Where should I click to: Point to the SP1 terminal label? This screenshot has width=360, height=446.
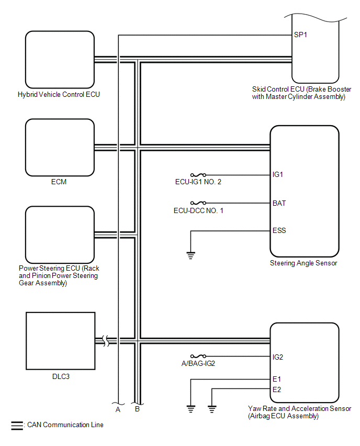[x=300, y=35]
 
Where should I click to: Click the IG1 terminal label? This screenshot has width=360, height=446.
[x=278, y=174]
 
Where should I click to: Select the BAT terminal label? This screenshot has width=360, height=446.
[x=279, y=203]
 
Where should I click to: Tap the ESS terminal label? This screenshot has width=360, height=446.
[x=279, y=230]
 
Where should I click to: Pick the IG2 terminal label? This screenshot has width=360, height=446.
[x=278, y=357]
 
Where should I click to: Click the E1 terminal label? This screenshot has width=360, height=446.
[x=277, y=379]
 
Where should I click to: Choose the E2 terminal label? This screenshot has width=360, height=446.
[x=277, y=389]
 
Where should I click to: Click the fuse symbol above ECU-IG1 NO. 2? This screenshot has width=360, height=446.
[x=198, y=175]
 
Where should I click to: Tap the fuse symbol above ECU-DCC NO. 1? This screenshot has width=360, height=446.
[x=198, y=203]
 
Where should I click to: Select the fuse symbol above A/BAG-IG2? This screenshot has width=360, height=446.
[x=198, y=356]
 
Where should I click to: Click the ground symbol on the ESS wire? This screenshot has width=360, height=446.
[x=191, y=255]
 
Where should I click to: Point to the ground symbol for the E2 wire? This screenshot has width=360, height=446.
[x=212, y=409]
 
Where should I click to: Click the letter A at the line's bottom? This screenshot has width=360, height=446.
[x=118, y=409]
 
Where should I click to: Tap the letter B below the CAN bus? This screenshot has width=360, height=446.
[x=137, y=409]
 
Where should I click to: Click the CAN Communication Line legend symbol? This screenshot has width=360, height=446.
[x=17, y=426]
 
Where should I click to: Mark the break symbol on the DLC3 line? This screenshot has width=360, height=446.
[x=106, y=341]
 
